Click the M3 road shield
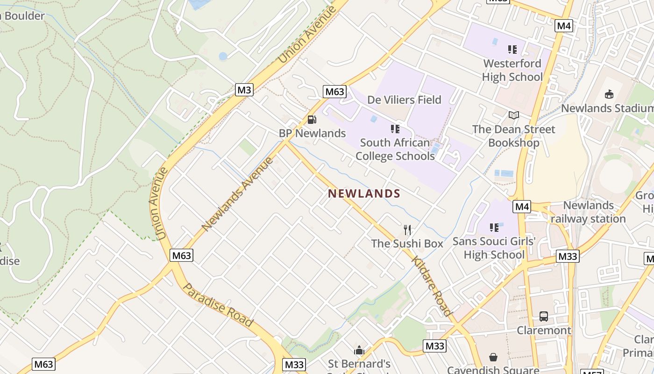(244, 90)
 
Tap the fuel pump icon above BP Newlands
(312, 120)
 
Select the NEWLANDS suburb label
(364, 194)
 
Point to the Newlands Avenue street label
(237, 194)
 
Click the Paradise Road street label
(218, 305)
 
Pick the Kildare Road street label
(432, 286)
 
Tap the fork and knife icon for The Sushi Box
(407, 230)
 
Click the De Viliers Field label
(404, 100)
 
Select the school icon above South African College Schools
(395, 129)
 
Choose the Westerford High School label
(512, 70)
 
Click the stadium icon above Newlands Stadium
(609, 94)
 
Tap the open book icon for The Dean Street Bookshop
(513, 115)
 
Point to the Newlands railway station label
(588, 212)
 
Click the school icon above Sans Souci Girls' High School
(494, 228)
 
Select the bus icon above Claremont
(543, 316)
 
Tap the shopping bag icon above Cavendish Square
(493, 358)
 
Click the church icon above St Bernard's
(359, 350)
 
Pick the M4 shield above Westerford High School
(564, 26)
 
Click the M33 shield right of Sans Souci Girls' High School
(568, 256)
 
